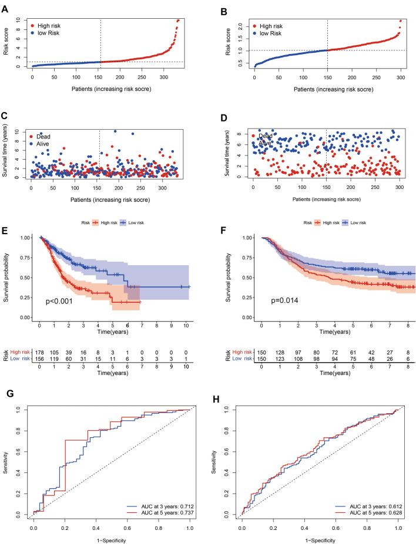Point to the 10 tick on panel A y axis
pos(18,21)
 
